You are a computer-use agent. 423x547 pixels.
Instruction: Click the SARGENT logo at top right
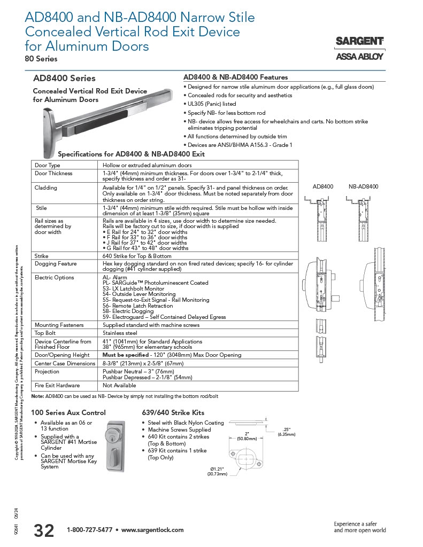(x=359, y=41)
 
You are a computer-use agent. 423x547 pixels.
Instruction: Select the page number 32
(x=44, y=530)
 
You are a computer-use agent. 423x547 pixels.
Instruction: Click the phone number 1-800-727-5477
(x=89, y=530)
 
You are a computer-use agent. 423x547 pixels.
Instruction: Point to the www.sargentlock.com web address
(x=152, y=530)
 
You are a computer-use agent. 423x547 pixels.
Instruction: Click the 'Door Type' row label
(x=48, y=166)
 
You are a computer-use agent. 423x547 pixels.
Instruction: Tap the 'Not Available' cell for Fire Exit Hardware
(x=119, y=385)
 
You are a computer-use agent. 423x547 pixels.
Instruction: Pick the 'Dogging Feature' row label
(x=56, y=263)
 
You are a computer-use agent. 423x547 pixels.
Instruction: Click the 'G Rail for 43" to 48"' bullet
(x=145, y=248)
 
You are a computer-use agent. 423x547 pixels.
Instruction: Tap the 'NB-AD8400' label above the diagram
(x=363, y=186)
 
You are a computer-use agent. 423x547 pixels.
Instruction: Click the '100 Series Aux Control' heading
(x=68, y=412)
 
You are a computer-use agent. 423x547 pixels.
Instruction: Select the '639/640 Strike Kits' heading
(x=173, y=412)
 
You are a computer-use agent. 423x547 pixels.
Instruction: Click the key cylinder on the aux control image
(x=114, y=432)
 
